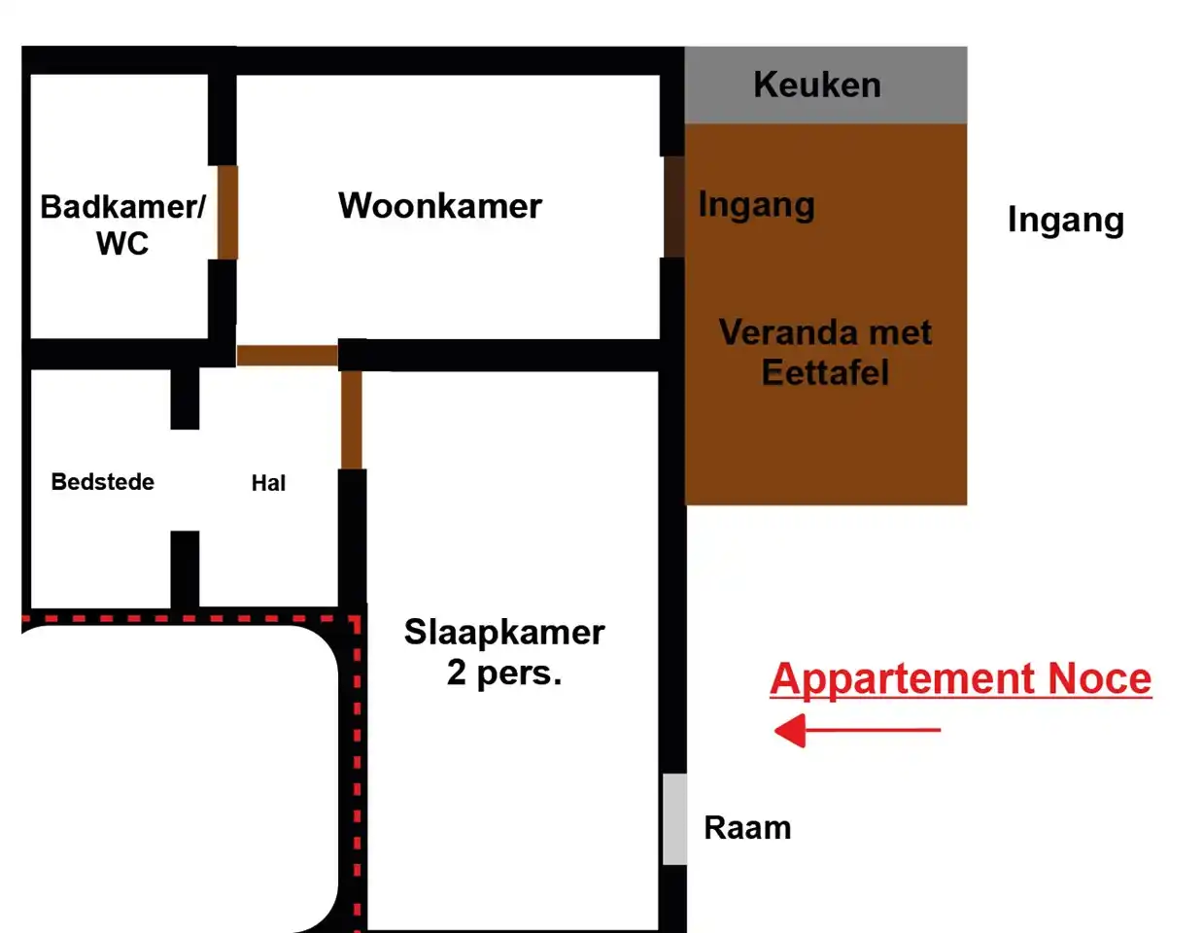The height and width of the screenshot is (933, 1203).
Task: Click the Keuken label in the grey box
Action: (817, 86)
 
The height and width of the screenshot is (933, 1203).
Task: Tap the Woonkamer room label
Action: (440, 206)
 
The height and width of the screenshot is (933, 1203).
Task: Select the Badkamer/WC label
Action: (122, 225)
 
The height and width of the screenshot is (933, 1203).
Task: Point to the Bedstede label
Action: (102, 482)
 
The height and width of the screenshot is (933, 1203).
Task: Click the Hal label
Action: (268, 483)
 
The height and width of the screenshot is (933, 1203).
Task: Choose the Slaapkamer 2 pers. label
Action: (504, 652)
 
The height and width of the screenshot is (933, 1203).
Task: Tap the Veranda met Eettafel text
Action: (825, 352)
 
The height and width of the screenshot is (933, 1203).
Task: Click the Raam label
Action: (747, 828)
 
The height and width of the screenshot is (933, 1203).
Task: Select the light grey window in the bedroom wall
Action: (674, 819)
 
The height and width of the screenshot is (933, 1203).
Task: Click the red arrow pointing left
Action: (857, 730)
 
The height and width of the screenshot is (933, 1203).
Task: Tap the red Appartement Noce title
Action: (961, 680)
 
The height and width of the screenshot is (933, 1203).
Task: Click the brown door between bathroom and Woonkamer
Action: (227, 212)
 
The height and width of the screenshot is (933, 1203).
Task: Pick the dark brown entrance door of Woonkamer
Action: (674, 207)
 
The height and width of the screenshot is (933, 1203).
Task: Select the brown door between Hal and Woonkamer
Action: (288, 356)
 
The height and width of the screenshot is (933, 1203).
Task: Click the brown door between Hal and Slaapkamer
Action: (352, 420)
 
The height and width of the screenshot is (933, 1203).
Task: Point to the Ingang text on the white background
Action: (1066, 221)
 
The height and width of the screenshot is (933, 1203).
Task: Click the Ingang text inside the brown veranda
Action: (756, 206)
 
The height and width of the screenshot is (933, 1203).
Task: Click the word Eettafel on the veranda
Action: (825, 372)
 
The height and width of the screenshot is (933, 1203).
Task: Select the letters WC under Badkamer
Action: (122, 243)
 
